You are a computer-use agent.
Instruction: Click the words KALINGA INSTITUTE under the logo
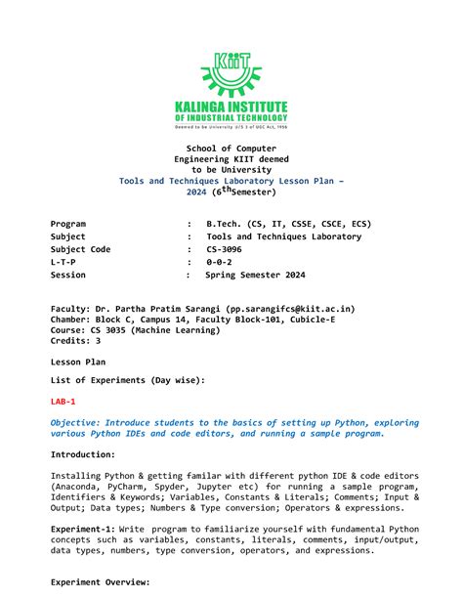coord(231,106)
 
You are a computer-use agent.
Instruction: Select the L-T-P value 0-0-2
coord(220,262)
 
